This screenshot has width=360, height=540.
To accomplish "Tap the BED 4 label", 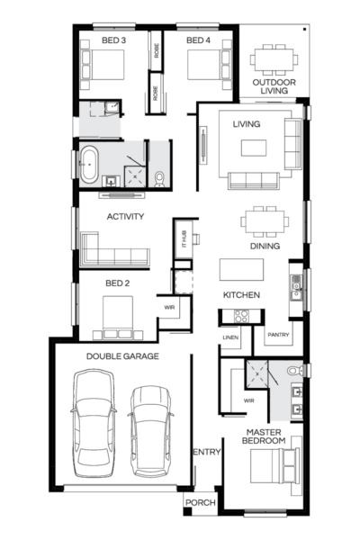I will pos(198,40).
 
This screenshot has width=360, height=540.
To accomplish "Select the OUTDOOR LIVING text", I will pos(274,86).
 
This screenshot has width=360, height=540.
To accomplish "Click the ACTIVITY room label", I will pos(126,217).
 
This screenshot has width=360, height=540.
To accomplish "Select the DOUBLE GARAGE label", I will pos(122,356).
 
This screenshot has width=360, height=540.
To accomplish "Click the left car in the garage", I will pos(94,426).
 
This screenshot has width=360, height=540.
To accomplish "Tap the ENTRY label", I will pos(206,453).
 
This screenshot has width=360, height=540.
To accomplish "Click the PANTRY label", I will pos(276,336).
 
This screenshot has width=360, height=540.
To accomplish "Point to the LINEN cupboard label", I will pos(229,337).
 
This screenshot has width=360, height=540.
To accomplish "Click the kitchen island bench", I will pos(241,270).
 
